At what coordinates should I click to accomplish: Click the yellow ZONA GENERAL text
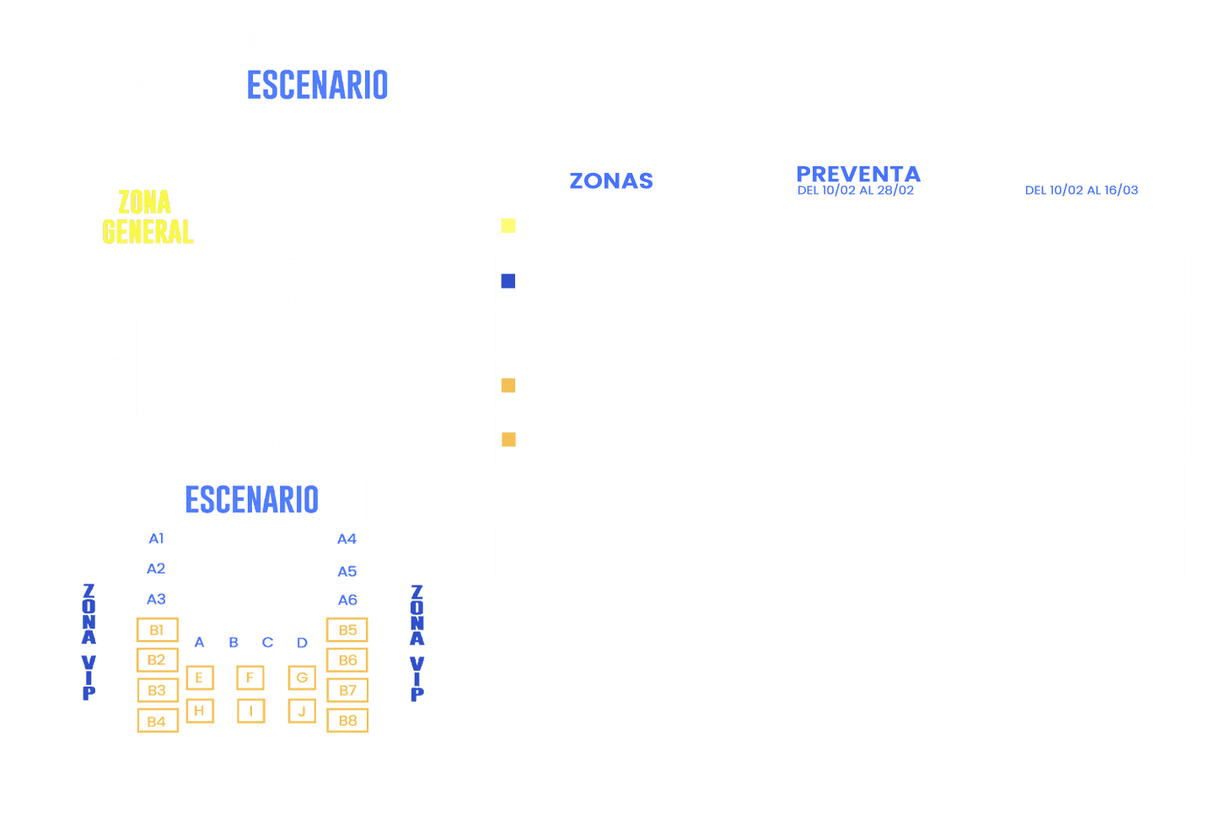click(x=148, y=217)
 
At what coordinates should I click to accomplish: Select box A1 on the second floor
click(x=157, y=539)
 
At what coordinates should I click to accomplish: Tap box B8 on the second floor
click(x=347, y=721)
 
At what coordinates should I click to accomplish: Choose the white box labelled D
click(x=302, y=643)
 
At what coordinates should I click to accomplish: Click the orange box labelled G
click(x=302, y=677)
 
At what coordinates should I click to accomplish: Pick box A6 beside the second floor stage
click(x=347, y=600)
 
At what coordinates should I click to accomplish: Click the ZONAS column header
click(x=611, y=181)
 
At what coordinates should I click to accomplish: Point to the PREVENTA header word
click(x=858, y=174)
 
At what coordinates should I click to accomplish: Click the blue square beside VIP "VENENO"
click(x=508, y=281)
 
